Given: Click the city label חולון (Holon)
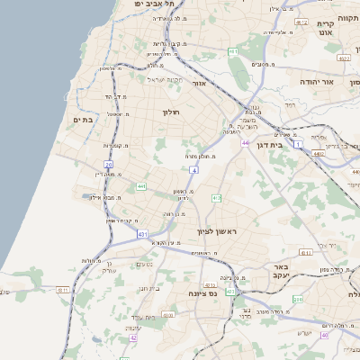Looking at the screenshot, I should coord(171,112).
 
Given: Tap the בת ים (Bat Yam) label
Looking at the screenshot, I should coord(82,119).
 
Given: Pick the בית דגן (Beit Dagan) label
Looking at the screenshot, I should coord(283,143).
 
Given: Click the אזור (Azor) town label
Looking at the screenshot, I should coord(200,83).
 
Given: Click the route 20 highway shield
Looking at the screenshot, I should coord(108,165).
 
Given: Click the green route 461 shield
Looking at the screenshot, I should coord(233,53).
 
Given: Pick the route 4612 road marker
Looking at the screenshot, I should coord(345,57).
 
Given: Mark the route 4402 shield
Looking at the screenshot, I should coord(318,154).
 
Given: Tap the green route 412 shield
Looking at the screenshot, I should coord(216,197).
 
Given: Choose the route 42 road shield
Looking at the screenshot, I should coord(134,337).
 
